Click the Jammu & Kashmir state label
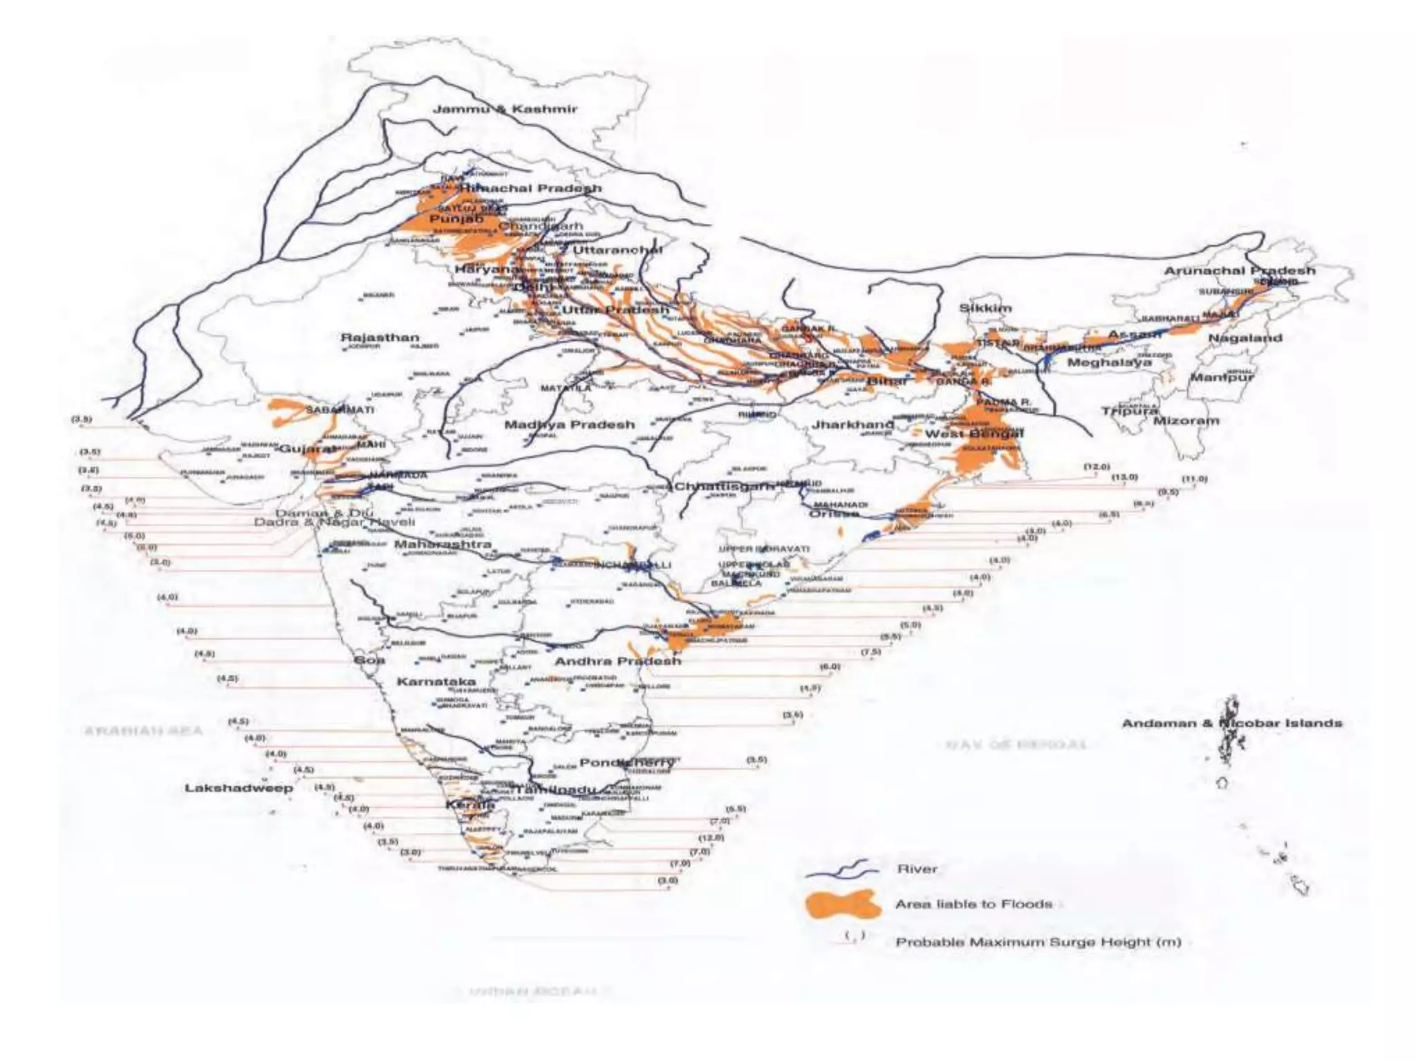tap(505, 109)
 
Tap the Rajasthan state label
tap(380, 338)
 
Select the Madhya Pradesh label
tap(569, 425)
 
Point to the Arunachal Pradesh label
tap(1240, 271)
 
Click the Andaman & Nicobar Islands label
tap(1231, 723)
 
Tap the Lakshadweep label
tap(239, 788)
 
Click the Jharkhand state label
tap(853, 424)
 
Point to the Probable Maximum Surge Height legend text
tap(1038, 942)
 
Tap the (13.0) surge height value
tap(1124, 477)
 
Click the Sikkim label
tap(985, 308)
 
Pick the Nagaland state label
tap(1245, 338)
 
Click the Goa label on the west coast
tap(369, 660)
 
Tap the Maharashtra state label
tap(442, 545)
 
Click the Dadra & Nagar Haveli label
tap(335, 523)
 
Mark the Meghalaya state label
tap(1110, 362)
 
